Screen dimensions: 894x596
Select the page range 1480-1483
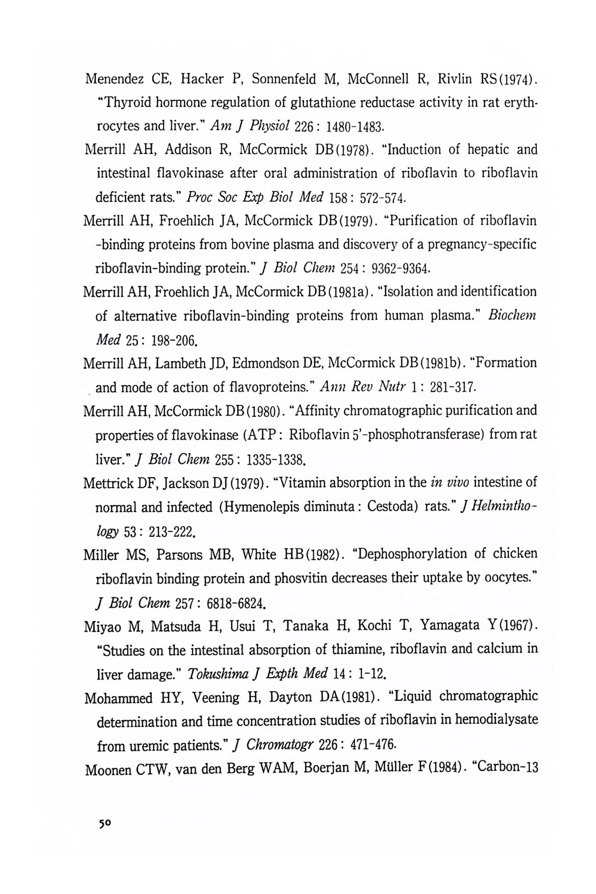355,127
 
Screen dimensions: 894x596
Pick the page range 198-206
164,341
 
